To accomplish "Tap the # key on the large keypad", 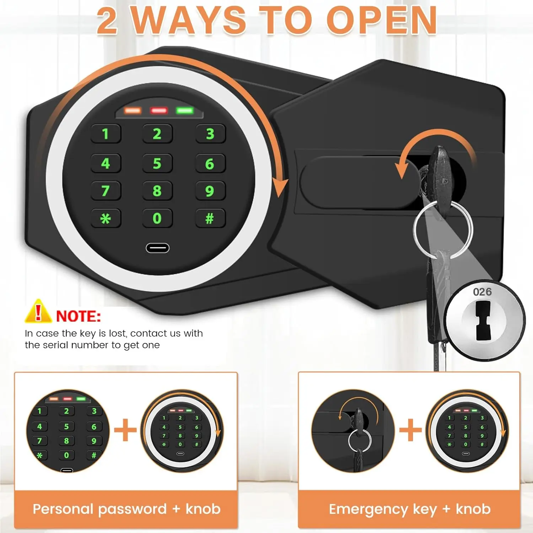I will (210, 218).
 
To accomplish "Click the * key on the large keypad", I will (106, 218).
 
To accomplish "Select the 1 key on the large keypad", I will (106, 134).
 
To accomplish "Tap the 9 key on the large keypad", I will (210, 191).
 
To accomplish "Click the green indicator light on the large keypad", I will (185, 111).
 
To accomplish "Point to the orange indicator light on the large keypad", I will (133, 111).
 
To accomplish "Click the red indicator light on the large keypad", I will (159, 111).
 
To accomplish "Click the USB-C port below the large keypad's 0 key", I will (157, 248).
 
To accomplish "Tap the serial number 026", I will (482, 292).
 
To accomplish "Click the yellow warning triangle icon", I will (38, 312).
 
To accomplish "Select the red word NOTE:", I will (79, 316).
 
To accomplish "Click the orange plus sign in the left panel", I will (125, 430).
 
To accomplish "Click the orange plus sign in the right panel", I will (410, 430).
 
